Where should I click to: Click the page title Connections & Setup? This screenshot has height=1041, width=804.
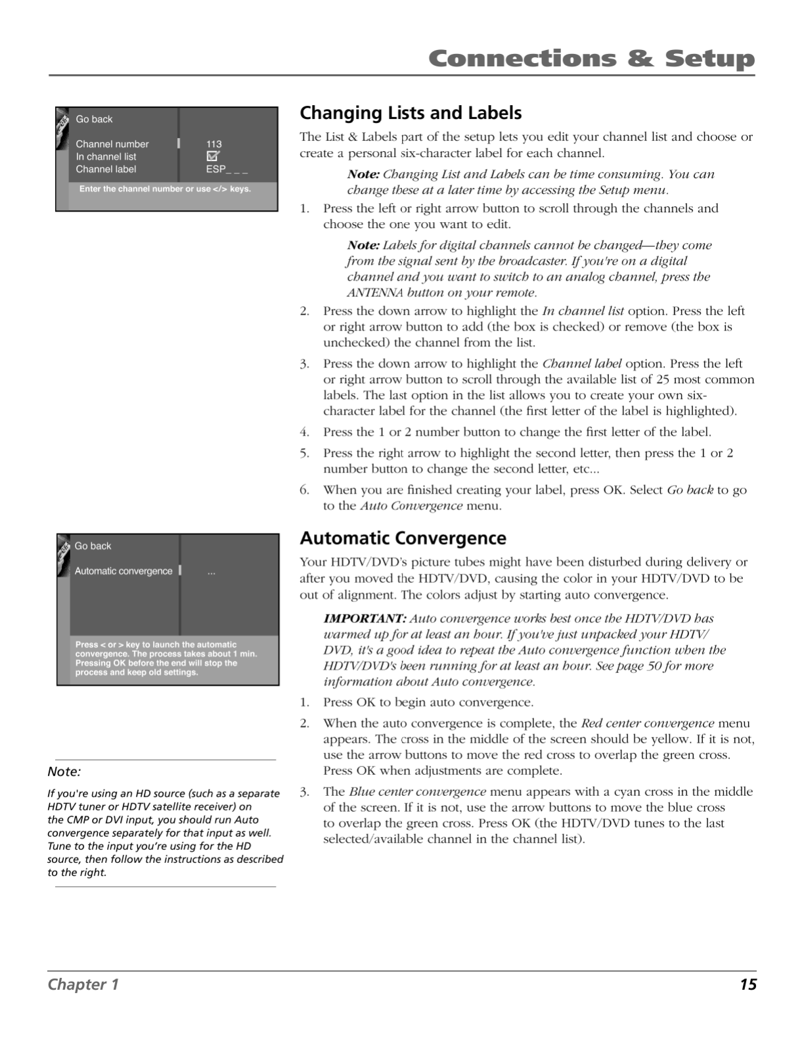point(591,59)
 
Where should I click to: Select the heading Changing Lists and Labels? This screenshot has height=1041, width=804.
point(411,113)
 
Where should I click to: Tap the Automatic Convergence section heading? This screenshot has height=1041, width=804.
point(403,538)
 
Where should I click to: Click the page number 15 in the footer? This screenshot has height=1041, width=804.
point(748,984)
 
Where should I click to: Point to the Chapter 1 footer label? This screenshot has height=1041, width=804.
point(83,984)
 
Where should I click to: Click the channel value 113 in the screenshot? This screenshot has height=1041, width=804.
point(214,144)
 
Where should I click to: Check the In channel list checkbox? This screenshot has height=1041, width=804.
point(213,156)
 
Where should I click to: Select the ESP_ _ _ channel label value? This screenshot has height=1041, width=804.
point(227,170)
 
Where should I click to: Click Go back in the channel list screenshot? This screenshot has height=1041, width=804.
point(94,119)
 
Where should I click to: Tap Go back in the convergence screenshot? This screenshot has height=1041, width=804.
point(93,546)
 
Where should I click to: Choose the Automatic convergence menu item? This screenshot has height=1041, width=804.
point(123,571)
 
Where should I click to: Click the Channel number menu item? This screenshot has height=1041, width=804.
point(112,144)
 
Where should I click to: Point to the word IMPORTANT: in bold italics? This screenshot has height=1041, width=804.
point(365,618)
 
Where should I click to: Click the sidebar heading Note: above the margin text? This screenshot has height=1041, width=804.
point(64,772)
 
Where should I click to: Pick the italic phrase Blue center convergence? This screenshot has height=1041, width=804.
point(418,792)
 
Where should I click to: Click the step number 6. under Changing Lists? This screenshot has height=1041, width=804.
point(305,490)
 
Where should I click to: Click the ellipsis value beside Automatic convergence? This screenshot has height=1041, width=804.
point(212,572)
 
